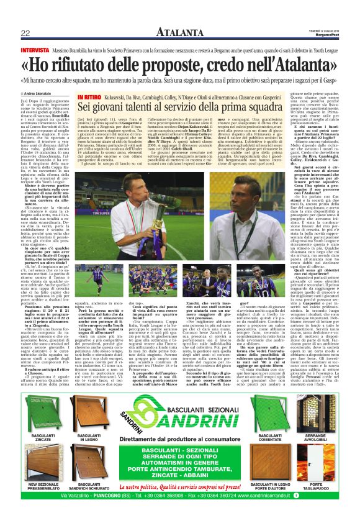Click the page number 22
(x=25, y=33)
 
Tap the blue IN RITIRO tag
(x=89, y=98)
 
